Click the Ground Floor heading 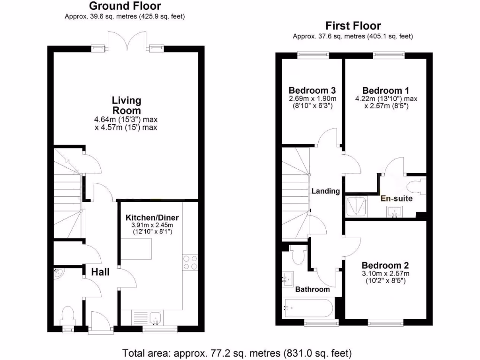(125, 6)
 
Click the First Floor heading (353, 26)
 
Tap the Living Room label (126, 105)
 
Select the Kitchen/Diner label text (152, 218)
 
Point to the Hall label (100, 272)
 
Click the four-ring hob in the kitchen (190, 262)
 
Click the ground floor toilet (68, 315)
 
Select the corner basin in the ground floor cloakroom (58, 274)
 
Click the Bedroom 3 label (307, 90)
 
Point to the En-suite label (397, 199)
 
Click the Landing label (326, 191)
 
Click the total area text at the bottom (237, 352)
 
